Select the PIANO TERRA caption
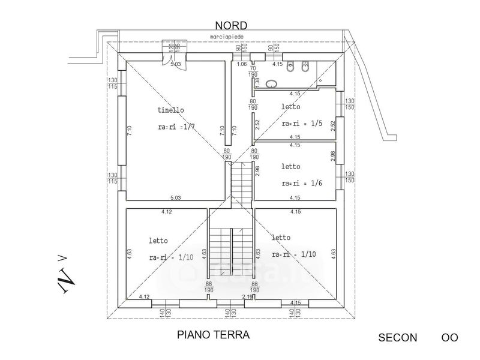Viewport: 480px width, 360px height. [x=212, y=334]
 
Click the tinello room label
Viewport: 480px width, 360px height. [x=171, y=110]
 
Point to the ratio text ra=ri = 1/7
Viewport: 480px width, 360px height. [x=176, y=127]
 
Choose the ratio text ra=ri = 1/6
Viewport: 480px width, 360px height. [x=302, y=183]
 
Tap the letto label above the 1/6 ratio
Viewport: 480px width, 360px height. [x=290, y=166]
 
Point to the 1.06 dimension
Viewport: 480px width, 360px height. [x=242, y=64]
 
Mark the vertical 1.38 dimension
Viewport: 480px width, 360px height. [x=257, y=80]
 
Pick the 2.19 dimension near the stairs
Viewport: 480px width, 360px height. [x=247, y=296]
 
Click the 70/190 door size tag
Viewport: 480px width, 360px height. [x=253, y=72]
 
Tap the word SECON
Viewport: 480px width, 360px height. [x=397, y=337]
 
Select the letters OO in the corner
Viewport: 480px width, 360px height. [x=449, y=337]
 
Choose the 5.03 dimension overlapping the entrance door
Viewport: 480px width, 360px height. [x=176, y=64]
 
